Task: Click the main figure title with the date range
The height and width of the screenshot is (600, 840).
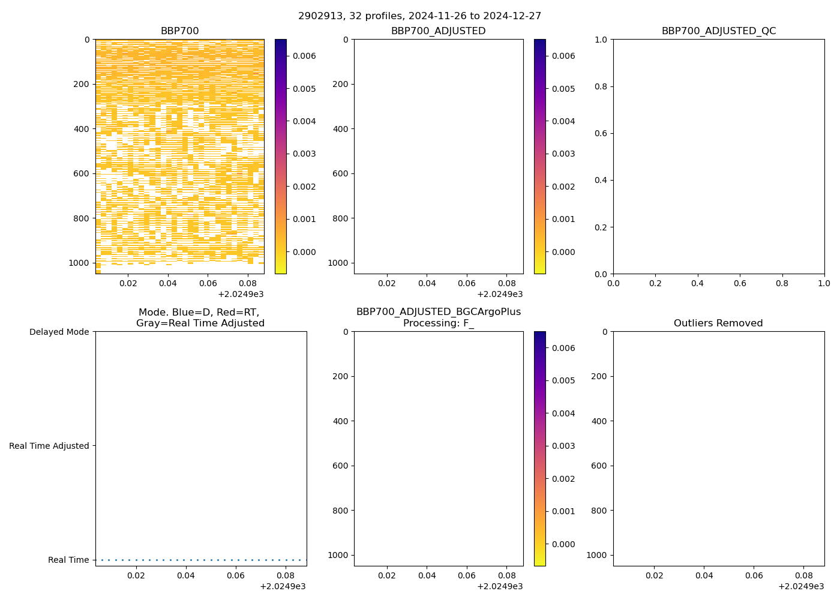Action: click(x=419, y=16)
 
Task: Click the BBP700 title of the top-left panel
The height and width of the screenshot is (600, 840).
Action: click(x=179, y=31)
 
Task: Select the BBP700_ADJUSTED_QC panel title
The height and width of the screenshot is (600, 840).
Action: click(x=718, y=31)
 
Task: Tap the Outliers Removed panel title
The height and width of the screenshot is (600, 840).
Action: click(x=718, y=323)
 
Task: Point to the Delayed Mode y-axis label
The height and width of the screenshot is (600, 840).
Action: click(x=59, y=332)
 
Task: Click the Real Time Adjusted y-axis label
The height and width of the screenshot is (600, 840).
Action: click(x=49, y=446)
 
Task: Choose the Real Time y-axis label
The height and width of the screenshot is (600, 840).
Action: click(x=68, y=560)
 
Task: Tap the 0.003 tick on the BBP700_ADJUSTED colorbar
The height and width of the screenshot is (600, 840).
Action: click(x=563, y=154)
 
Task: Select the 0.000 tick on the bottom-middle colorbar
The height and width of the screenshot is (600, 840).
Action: click(x=563, y=544)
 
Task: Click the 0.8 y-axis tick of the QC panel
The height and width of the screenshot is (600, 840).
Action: click(x=602, y=86)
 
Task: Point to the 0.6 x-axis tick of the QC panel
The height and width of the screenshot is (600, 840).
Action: click(x=739, y=283)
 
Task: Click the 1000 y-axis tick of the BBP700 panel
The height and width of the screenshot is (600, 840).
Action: click(x=79, y=263)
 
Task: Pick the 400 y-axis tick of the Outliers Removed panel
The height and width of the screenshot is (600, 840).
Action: click(x=599, y=421)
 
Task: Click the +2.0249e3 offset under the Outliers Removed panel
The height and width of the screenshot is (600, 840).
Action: click(x=801, y=586)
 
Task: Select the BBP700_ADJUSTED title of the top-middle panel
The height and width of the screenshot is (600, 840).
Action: click(x=438, y=31)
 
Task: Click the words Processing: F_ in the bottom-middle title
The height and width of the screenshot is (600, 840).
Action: click(x=438, y=323)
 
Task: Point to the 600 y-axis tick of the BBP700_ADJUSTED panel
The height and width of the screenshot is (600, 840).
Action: click(x=340, y=173)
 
